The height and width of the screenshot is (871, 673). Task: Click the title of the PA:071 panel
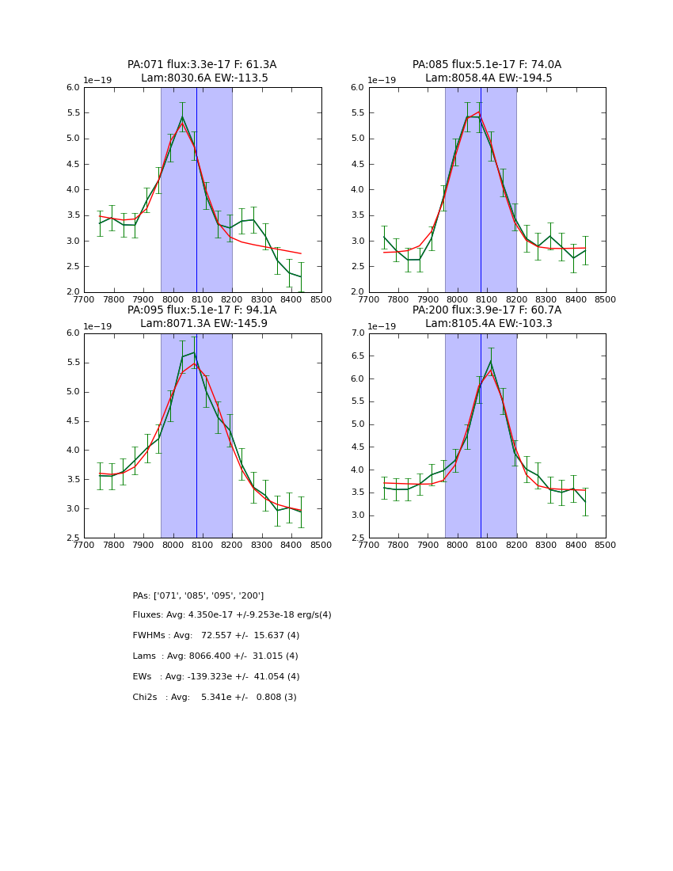click(x=202, y=71)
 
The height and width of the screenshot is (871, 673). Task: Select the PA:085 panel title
click(x=487, y=71)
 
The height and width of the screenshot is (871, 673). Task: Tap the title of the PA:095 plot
click(x=202, y=317)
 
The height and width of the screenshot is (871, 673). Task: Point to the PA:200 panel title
click(x=487, y=317)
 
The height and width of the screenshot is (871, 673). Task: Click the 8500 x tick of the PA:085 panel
click(x=606, y=300)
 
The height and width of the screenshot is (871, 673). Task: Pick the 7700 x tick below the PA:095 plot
click(x=84, y=545)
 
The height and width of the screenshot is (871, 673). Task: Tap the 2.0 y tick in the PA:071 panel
click(x=73, y=292)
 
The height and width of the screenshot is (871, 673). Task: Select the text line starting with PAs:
click(x=198, y=595)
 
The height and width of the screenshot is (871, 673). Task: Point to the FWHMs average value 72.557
click(x=219, y=636)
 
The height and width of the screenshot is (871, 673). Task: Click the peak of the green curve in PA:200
click(x=491, y=362)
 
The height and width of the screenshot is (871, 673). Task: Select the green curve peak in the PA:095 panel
click(x=193, y=352)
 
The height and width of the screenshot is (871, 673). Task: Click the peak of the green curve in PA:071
click(x=182, y=117)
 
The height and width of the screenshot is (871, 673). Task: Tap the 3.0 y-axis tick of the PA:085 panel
click(x=357, y=241)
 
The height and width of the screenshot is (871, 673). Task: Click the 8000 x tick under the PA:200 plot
click(x=458, y=545)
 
